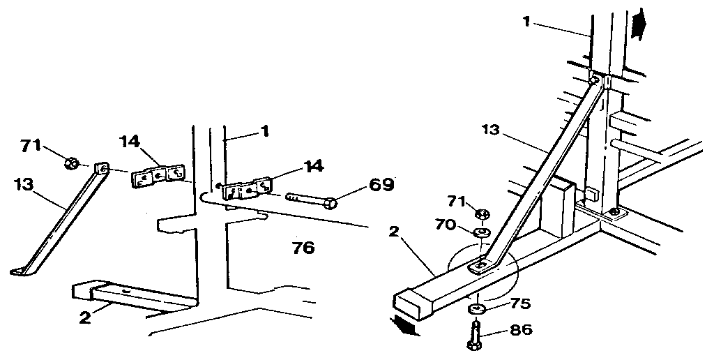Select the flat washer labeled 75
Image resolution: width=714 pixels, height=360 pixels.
click(476, 308)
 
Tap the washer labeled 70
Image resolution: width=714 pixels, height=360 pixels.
click(482, 232)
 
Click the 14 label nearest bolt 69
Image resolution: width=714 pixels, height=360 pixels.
click(313, 166)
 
